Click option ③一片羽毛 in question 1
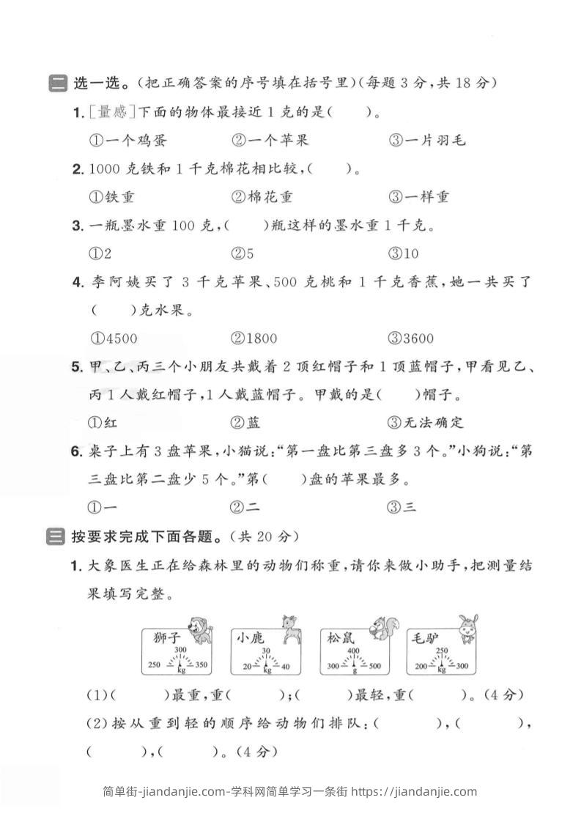click(x=428, y=140)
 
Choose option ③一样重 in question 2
click(x=420, y=196)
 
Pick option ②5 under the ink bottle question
click(x=243, y=253)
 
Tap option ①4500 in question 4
click(x=114, y=338)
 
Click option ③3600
click(x=412, y=338)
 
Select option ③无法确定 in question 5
click(x=426, y=422)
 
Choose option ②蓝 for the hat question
click(x=245, y=422)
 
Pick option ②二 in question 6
click(x=245, y=506)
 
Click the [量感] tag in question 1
click(x=111, y=112)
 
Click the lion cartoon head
click(x=197, y=628)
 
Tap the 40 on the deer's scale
click(x=285, y=665)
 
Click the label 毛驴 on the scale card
click(x=425, y=637)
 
